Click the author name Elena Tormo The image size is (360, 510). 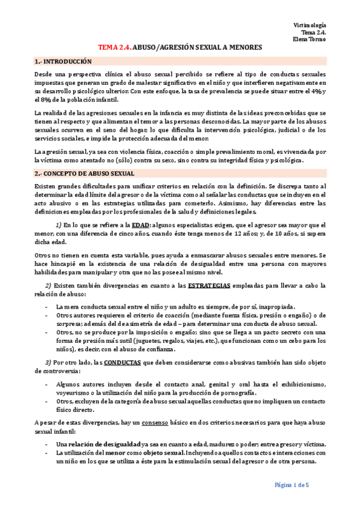pyautogui.click(x=311, y=40)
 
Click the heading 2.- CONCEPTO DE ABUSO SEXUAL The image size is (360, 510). pyautogui.click(x=84, y=173)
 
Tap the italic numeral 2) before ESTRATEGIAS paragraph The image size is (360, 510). pyautogui.click(x=48, y=284)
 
